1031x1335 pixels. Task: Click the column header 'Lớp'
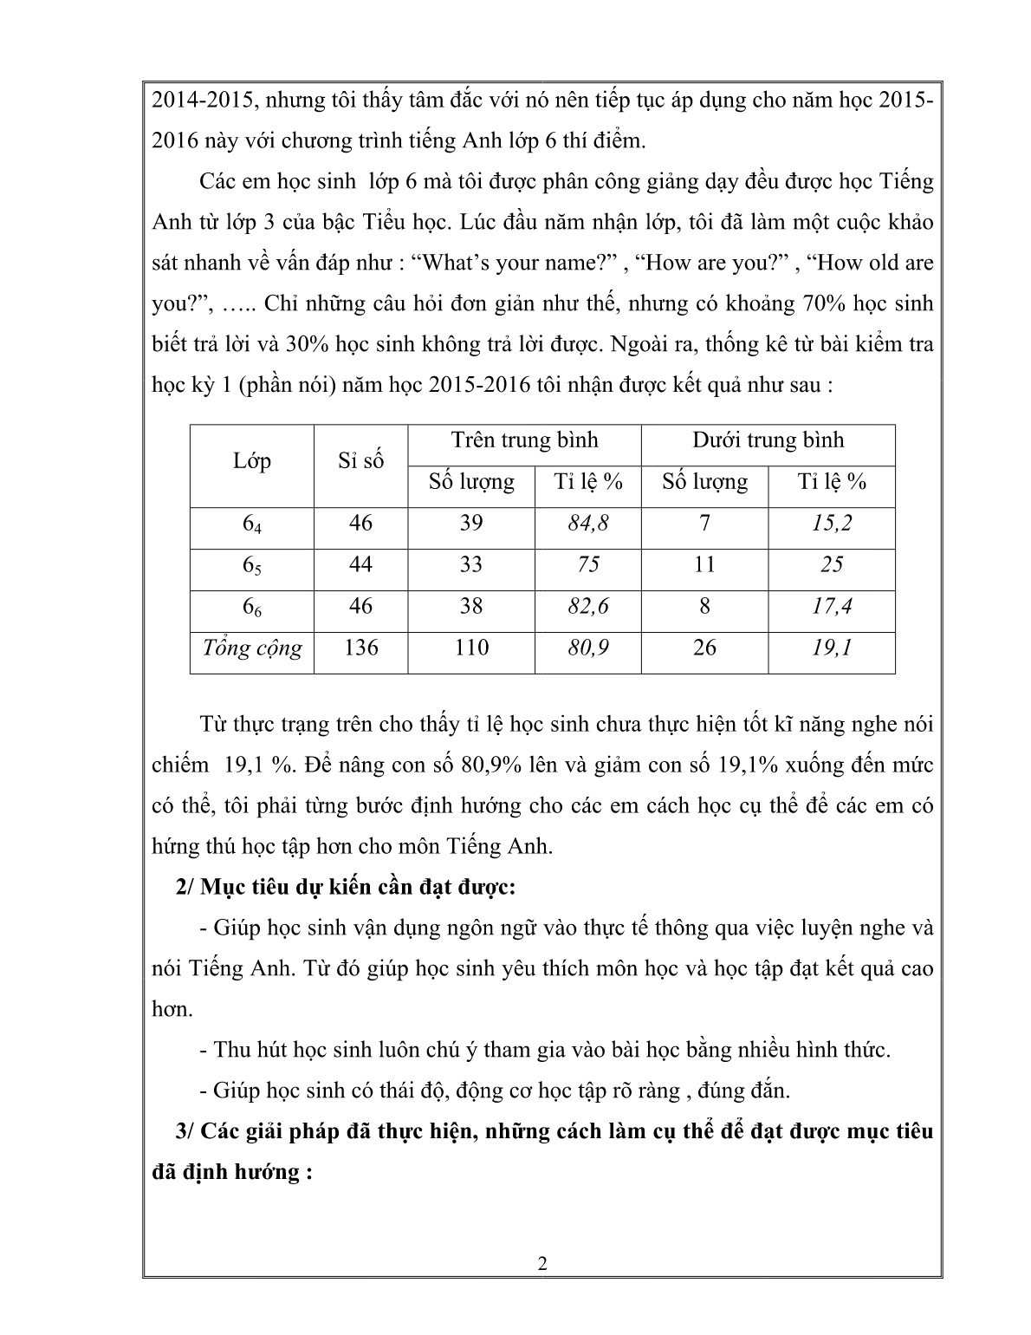pos(252,461)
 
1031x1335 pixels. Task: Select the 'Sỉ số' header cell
pos(360,461)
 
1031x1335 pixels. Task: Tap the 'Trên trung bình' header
pos(524,440)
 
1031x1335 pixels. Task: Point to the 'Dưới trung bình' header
pos(768,440)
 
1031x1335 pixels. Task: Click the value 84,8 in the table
pos(588,524)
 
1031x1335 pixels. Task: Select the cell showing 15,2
pos(832,524)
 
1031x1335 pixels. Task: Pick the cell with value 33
pos(471,565)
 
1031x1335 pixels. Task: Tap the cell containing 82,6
pos(588,607)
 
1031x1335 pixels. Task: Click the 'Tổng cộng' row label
pos(252,648)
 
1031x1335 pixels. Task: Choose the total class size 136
pos(360,648)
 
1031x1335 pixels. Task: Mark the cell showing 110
pos(471,648)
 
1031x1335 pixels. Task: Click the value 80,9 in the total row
pos(588,648)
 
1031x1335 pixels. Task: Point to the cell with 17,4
pos(832,607)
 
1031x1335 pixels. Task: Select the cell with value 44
pos(360,565)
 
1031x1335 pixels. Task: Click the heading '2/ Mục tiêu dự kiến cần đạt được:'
pos(346,888)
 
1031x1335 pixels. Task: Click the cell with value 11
pos(704,565)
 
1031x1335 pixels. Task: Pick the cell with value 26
pos(704,648)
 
